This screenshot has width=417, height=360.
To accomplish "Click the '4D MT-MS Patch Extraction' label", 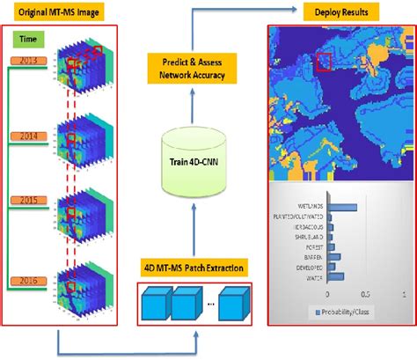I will [191, 267].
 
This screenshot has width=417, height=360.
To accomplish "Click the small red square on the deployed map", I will [325, 61].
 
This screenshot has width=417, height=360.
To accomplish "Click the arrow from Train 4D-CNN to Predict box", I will [191, 110].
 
